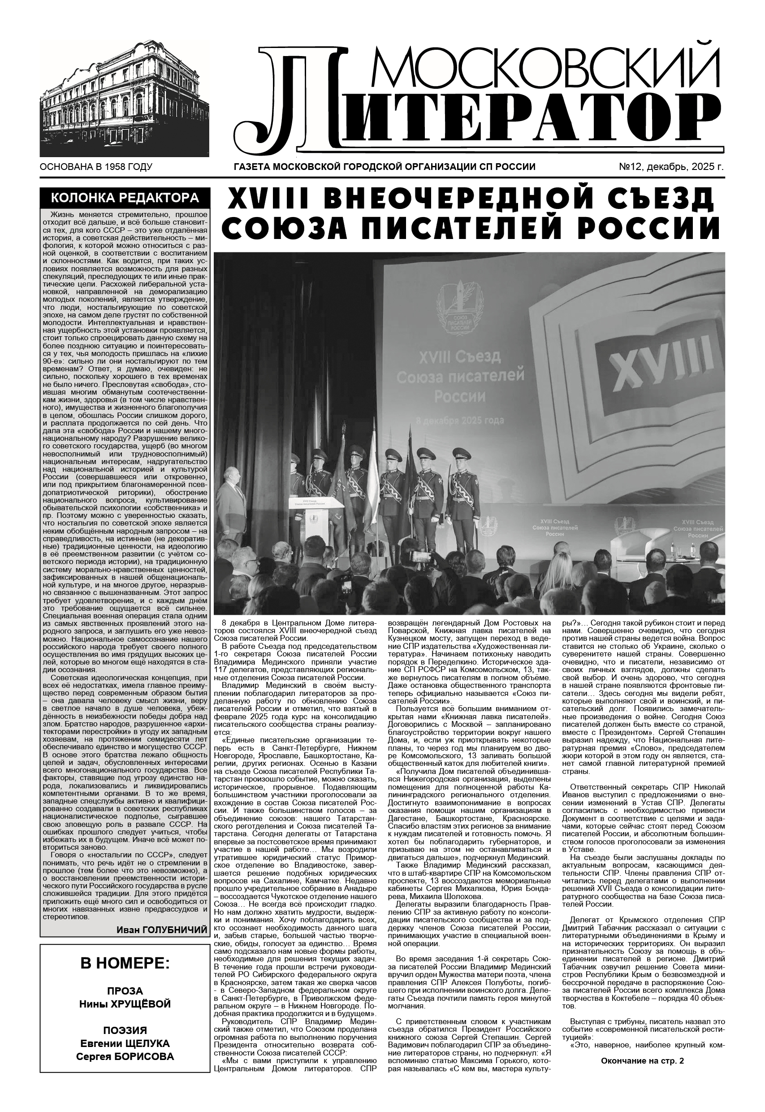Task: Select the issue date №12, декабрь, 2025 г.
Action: pos(671,167)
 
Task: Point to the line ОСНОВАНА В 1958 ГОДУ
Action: pos(96,167)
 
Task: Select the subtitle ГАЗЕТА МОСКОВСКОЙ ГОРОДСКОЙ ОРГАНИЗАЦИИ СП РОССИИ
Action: pos(384,167)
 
